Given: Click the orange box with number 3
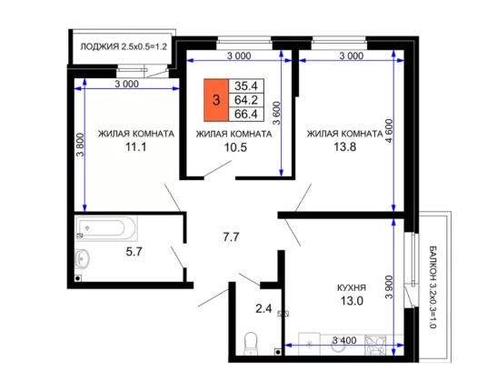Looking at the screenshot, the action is [x=216, y=100].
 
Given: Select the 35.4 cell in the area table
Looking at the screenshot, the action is [x=246, y=85].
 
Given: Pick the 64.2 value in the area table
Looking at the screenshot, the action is [x=246, y=100].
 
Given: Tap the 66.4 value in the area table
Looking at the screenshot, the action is [x=246, y=114].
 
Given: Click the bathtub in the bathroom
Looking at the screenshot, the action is [x=106, y=227].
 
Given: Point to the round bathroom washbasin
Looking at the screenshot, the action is [x=83, y=258].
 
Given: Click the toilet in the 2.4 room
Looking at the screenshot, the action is [x=251, y=344].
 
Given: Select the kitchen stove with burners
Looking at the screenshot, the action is [x=375, y=345].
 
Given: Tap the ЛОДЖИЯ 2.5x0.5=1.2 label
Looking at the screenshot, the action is [x=124, y=46].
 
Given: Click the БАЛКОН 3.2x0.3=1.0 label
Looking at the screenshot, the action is [x=432, y=286].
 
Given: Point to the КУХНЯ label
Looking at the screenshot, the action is [x=352, y=287].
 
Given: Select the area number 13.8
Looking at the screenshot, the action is [x=344, y=146].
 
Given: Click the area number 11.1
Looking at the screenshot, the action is [x=135, y=146].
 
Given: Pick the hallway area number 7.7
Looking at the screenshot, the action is [x=231, y=237].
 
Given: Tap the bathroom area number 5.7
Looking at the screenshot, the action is [x=134, y=251].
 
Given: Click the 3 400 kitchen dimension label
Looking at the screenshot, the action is [x=344, y=340].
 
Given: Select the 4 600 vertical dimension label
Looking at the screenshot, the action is [x=389, y=131].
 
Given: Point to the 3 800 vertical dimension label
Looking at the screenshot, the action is [x=80, y=145].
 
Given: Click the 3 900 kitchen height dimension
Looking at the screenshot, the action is [x=389, y=286].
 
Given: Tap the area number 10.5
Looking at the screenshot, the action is [x=235, y=147].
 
